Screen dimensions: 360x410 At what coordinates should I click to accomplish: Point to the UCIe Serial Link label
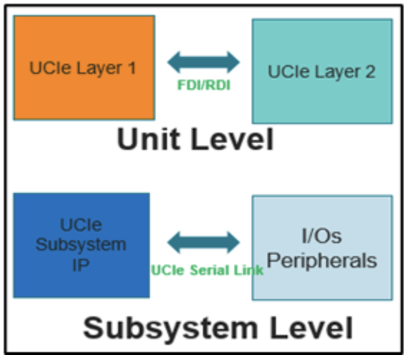point(206,270)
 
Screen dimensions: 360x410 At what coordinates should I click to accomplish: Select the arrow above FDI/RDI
point(204,62)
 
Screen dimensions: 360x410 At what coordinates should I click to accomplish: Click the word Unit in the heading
point(148,138)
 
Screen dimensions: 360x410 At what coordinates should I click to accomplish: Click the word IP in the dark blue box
point(82,262)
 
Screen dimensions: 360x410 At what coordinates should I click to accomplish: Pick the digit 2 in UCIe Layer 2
point(369,72)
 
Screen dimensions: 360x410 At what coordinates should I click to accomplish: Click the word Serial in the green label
point(217,270)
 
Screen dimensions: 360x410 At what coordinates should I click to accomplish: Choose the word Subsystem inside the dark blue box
point(82,245)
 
